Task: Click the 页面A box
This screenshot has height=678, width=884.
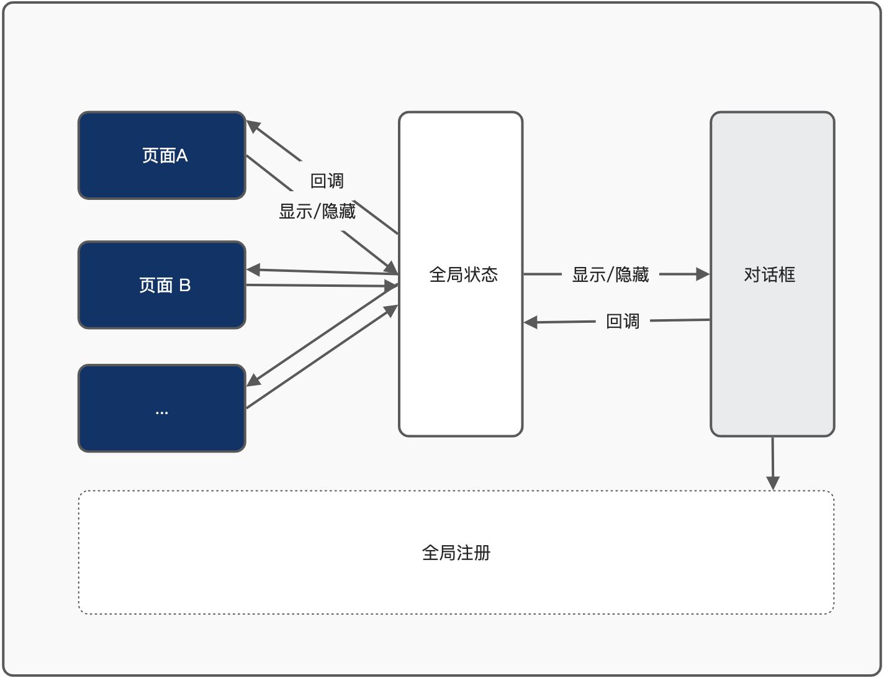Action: point(162,155)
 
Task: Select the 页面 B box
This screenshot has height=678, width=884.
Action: point(162,285)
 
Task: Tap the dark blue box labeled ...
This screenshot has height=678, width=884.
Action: point(162,409)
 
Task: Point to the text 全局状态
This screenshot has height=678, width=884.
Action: point(463,274)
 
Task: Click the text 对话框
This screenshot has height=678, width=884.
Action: point(769,274)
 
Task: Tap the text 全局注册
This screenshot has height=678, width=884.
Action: point(456,553)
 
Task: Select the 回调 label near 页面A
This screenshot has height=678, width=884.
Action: point(327,181)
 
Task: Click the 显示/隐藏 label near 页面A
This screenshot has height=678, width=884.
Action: point(317,212)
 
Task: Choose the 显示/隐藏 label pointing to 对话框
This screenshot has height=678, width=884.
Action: point(610,274)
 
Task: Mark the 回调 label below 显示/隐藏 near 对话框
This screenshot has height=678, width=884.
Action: point(623,321)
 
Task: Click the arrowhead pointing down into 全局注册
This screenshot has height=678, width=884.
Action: point(773,483)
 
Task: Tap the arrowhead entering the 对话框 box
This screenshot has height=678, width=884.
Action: point(703,274)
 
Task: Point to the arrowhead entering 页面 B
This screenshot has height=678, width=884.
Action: point(253,270)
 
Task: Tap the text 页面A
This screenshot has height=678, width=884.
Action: point(165,155)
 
